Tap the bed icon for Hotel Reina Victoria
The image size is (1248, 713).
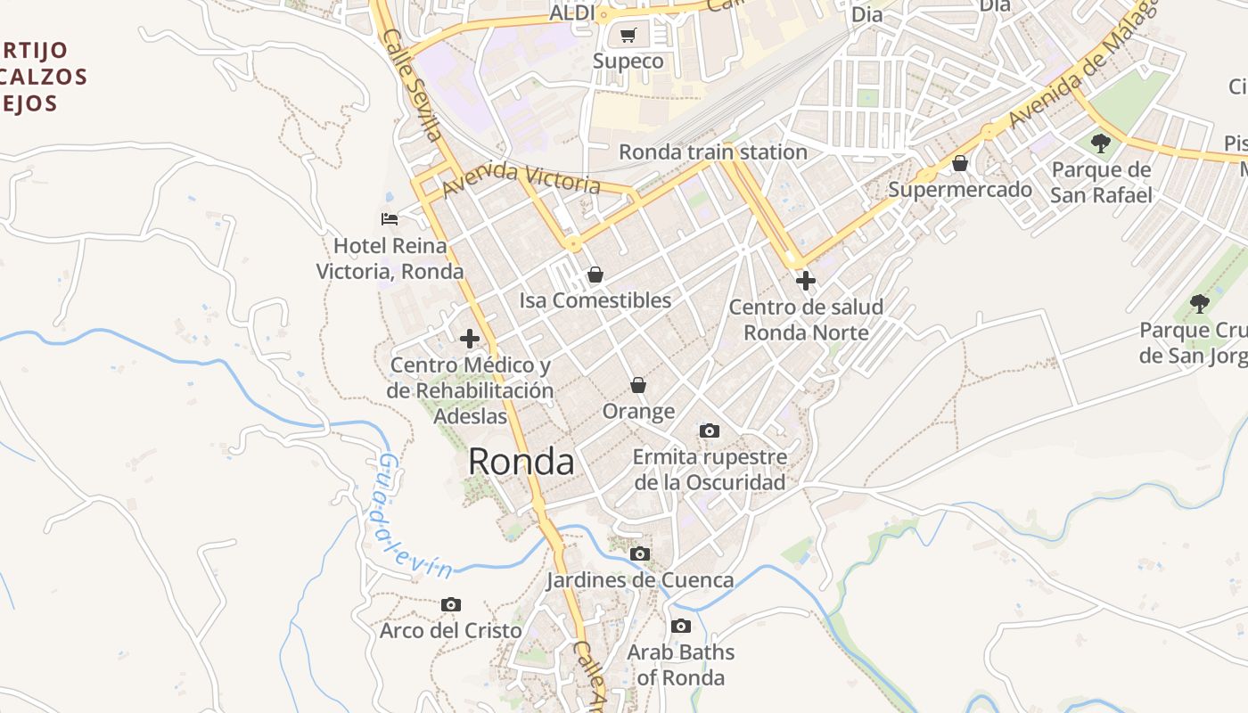[x=390, y=218]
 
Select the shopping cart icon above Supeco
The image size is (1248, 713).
[x=628, y=36]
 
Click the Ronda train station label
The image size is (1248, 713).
[x=712, y=152]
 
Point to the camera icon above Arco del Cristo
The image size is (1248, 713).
[x=451, y=605]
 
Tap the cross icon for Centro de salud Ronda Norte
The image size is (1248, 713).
[x=806, y=282]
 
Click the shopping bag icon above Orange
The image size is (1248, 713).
[x=638, y=385]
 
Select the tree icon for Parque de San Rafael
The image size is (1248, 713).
[x=1101, y=143]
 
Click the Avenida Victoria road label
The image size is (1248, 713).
[x=521, y=178]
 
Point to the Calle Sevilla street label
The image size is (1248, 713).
[x=412, y=85]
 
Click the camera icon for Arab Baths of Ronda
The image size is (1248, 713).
[x=681, y=627]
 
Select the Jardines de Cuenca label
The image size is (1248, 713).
[x=640, y=580]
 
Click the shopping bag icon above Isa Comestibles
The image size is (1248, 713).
[x=595, y=275]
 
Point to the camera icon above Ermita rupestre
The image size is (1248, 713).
[x=710, y=431]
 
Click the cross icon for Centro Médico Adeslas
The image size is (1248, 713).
[x=470, y=339]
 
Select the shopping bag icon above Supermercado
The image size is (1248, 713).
[x=960, y=164]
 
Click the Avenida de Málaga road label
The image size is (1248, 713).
[x=1083, y=62]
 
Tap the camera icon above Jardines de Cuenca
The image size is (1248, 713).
[x=640, y=554]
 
